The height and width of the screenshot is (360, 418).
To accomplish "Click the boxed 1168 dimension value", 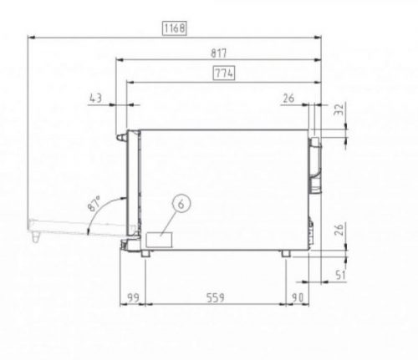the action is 175,28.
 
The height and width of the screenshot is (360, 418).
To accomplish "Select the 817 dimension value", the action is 219,53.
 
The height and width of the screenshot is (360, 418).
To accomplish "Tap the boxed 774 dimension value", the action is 224,74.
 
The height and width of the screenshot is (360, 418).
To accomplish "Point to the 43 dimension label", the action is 96,99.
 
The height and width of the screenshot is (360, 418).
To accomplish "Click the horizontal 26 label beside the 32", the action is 288,99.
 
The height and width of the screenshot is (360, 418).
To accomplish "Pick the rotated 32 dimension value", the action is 339,109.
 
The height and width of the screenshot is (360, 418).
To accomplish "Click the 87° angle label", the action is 94,204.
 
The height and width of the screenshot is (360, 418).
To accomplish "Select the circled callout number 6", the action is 181,204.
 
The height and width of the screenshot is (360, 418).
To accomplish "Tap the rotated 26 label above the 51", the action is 339,230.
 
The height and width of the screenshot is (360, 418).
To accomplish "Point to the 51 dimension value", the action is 340,275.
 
